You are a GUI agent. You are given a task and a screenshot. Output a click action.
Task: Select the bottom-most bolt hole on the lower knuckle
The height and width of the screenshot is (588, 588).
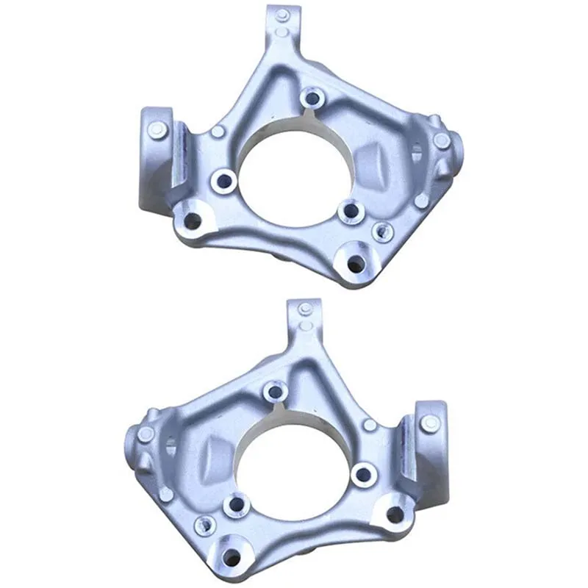(x=233, y=556)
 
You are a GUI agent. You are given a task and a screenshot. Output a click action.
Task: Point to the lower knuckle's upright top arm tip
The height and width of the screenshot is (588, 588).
(x=305, y=309)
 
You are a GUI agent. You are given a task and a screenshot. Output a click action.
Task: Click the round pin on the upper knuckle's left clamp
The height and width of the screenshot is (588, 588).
(x=155, y=129)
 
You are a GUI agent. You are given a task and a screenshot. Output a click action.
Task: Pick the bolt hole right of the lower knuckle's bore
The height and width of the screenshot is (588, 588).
(x=364, y=474)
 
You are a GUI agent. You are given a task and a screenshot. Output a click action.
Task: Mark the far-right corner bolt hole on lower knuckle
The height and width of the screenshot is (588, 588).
(x=395, y=514)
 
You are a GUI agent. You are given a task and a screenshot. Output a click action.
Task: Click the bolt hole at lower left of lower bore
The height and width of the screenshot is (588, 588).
(x=237, y=505)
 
